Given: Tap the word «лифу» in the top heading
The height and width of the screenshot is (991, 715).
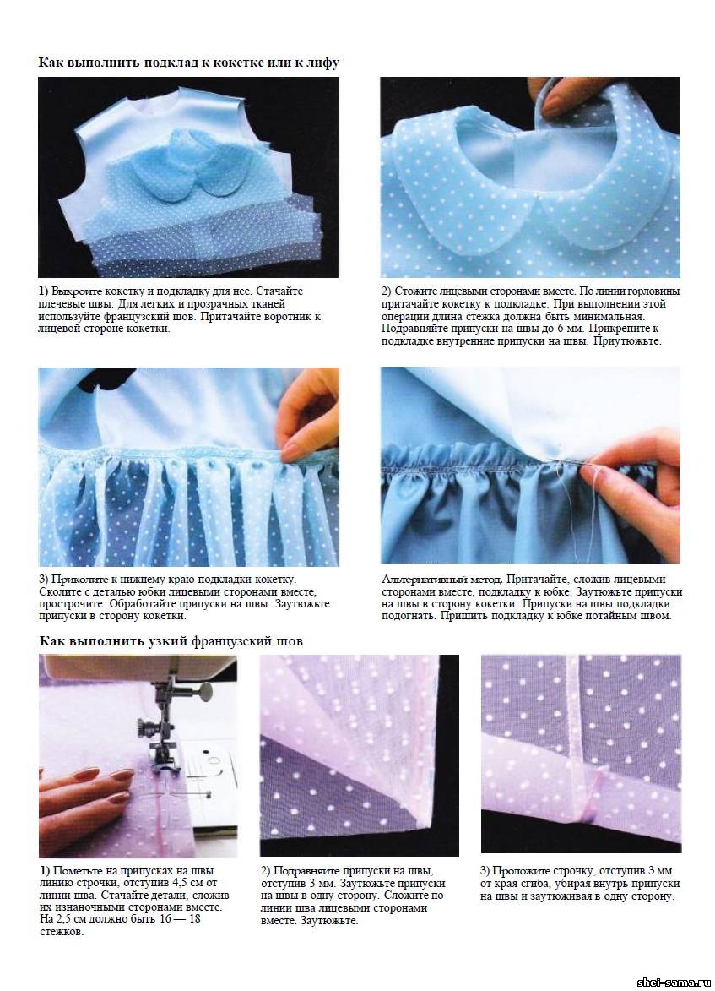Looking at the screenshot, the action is click(x=324, y=63).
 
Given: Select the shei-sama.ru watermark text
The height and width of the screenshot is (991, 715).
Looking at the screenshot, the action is click(x=674, y=983).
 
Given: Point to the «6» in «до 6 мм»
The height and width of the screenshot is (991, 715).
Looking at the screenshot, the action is click(x=561, y=329).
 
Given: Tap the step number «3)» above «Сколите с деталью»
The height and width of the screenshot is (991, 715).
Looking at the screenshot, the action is click(x=44, y=580).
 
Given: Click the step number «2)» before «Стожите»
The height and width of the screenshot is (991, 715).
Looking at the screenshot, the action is click(x=387, y=291).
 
